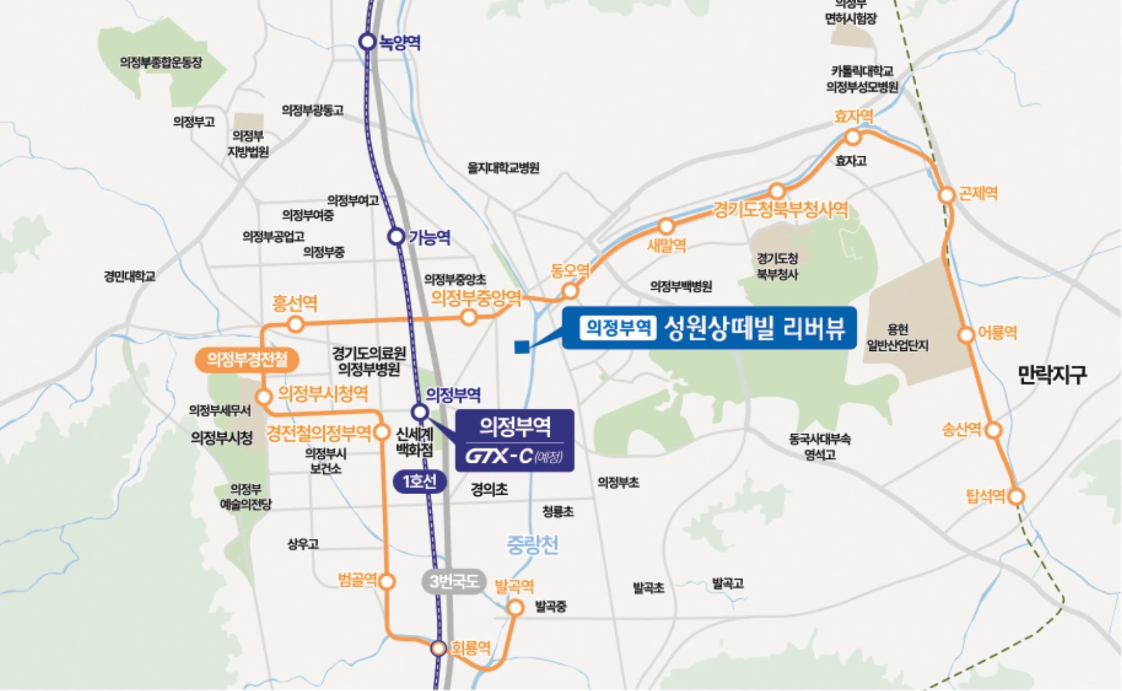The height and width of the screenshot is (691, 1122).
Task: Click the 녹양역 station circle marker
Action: pos(367,42)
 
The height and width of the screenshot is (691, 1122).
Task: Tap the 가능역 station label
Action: pos(429,237)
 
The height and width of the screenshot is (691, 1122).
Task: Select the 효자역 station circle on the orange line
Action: pos(853,137)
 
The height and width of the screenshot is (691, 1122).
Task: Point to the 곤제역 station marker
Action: pos(947,195)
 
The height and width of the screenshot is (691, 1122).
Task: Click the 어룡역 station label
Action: pos(997,332)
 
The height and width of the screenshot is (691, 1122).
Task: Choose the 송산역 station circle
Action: pos(994,431)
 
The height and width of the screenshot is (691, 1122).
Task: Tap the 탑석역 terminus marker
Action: pos(1016,496)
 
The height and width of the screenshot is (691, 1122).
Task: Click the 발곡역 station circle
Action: pos(515,607)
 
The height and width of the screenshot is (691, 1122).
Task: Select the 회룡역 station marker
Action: pos(438,648)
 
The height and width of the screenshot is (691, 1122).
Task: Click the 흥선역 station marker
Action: pos(296,324)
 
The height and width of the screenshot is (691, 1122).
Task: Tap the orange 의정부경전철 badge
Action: pos(247,359)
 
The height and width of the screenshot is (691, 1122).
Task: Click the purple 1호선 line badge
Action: pos(420,481)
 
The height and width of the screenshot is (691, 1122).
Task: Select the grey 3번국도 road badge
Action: pos(454,581)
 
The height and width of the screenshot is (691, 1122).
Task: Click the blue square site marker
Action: pos(522,347)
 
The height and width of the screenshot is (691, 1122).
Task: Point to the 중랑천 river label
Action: pos(532,544)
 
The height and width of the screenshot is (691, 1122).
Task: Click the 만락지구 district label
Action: pos(1052,374)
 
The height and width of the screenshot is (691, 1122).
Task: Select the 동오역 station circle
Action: pos(570,291)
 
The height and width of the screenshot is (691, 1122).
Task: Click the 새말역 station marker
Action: pos(666,227)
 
